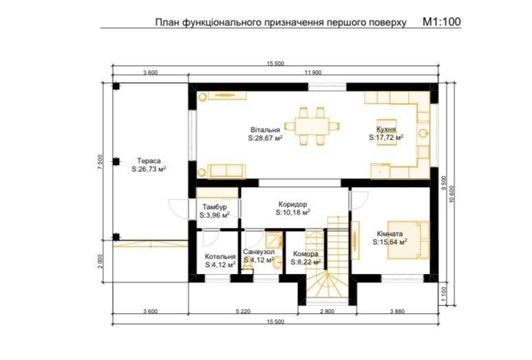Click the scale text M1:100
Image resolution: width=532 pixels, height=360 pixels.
tap(441, 22)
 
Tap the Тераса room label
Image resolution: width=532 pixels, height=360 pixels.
tap(149, 161)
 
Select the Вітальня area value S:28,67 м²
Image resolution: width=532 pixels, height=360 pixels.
tap(266, 138)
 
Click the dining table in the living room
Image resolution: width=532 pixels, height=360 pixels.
tap(312, 126)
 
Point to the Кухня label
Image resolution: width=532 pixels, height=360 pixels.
tap(386, 129)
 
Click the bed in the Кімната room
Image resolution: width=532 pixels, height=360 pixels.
tap(409, 240)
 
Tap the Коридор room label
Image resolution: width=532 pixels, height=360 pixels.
tap(292, 204)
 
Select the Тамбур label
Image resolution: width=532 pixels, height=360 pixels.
tap(215, 207)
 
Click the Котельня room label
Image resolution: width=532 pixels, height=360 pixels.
tap(220, 257)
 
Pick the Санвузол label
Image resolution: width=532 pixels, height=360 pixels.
tap(259, 252)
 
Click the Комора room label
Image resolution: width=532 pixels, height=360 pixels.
tap(306, 254)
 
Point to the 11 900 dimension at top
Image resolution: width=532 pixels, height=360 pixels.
tap(313, 72)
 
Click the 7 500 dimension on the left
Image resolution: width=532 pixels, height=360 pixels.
tap(100, 162)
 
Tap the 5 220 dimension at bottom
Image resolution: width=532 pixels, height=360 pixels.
tap(243, 311)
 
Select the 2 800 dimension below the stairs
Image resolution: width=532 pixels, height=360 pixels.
tap(327, 311)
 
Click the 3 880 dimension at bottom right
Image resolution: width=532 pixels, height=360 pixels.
tap(397, 311)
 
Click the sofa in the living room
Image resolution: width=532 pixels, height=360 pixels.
tap(226, 171)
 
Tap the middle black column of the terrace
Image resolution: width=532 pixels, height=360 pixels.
tap(116, 162)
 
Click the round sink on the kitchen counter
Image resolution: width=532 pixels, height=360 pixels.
tap(423, 133)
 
